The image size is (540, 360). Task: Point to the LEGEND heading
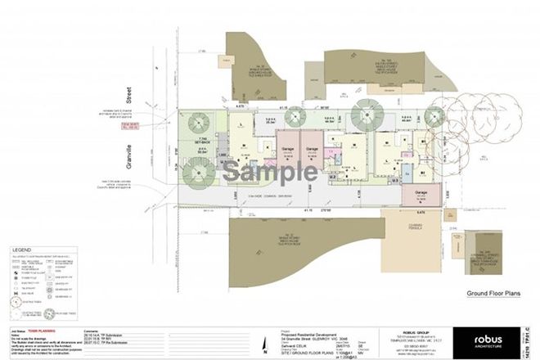22,248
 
